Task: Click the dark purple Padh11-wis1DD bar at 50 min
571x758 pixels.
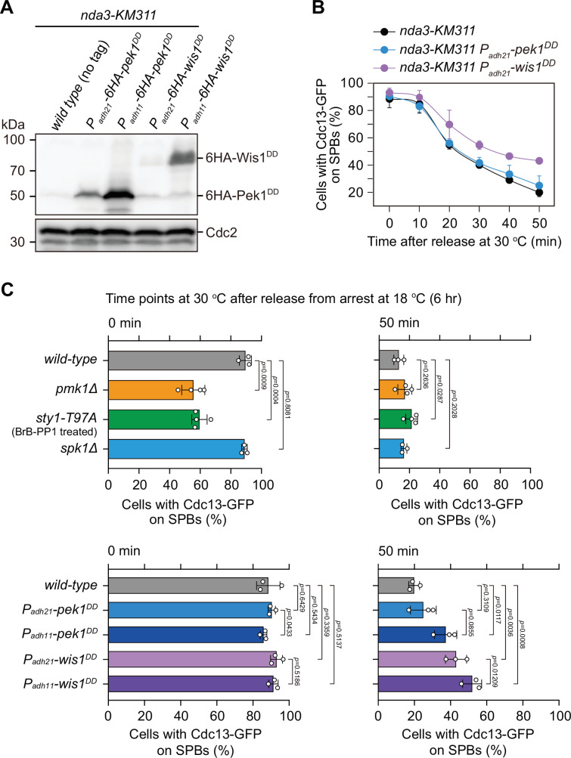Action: point(424,685)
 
